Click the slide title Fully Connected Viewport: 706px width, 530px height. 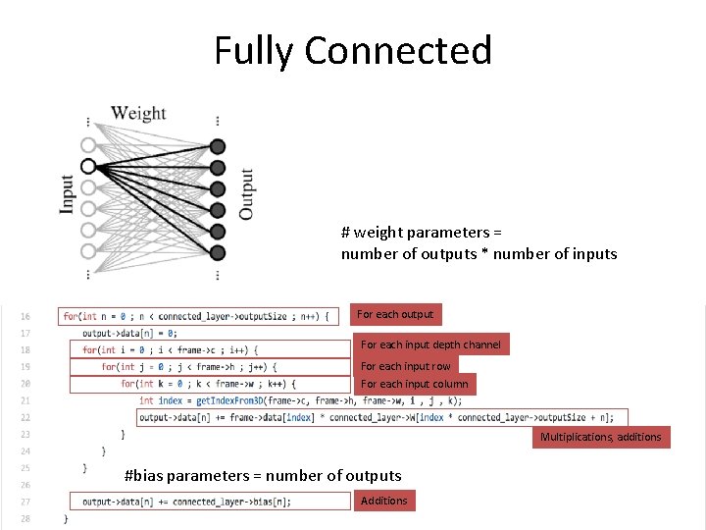coord(353,50)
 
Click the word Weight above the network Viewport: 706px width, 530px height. coord(138,113)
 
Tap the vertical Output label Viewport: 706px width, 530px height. coord(246,194)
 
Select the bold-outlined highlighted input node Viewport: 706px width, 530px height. coord(88,166)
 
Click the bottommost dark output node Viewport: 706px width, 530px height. coord(218,252)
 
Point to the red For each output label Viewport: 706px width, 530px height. coord(395,314)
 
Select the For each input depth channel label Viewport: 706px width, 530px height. coord(430,344)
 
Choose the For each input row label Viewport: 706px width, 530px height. coord(406,366)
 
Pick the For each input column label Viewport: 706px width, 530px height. coord(415,384)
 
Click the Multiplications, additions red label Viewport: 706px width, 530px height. coord(601,437)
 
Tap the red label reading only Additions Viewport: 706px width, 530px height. coord(383,501)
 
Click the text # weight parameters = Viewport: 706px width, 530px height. coord(422,233)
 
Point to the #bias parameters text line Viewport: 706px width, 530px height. coord(263,476)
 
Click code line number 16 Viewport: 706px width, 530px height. coord(25,316)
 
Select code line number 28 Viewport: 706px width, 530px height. coord(25,518)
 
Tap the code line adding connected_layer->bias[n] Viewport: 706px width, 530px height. coord(186,502)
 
